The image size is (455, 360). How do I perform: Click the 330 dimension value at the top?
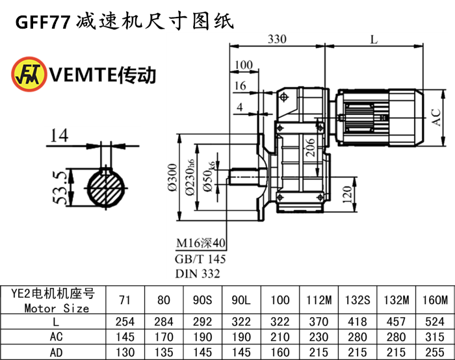[x=277, y=39]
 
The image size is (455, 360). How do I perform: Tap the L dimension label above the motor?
[x=373, y=39]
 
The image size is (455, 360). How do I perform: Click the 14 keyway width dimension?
[x=58, y=135]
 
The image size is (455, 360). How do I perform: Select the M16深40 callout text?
[x=200, y=244]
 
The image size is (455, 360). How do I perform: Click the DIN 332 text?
[x=198, y=274]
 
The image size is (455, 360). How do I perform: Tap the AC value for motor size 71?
[x=125, y=337]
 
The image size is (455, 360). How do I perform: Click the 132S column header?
[x=355, y=300]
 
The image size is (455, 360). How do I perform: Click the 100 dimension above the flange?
[x=244, y=65]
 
